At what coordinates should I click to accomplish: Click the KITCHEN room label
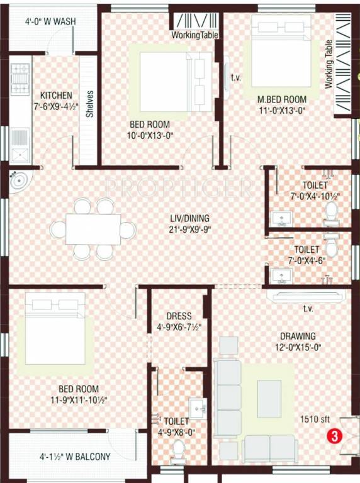tap(55, 95)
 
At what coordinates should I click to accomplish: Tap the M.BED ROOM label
tap(281, 99)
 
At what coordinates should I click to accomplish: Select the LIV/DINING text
tap(188, 218)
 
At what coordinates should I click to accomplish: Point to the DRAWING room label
tap(298, 336)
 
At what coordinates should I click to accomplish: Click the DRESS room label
tap(179, 316)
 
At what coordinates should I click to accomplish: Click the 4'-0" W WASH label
tap(50, 21)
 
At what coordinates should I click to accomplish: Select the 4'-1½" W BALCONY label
tap(75, 457)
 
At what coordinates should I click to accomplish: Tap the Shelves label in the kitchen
tap(90, 104)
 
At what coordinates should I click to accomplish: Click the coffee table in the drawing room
tap(269, 399)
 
